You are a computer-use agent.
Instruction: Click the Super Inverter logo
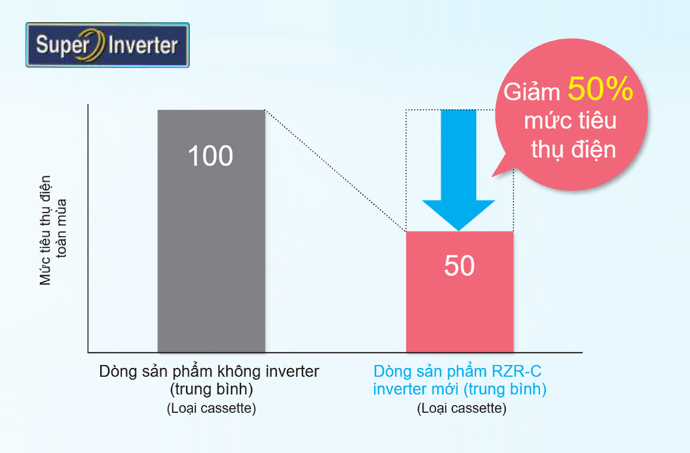click(x=108, y=45)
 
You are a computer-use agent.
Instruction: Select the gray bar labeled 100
click(x=211, y=232)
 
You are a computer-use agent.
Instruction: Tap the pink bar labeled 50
click(x=460, y=292)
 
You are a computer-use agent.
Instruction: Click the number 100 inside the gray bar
click(x=210, y=156)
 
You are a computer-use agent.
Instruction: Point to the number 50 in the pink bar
click(x=460, y=265)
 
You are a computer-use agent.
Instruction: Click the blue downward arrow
click(x=459, y=170)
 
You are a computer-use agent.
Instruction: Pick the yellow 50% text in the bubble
click(x=600, y=89)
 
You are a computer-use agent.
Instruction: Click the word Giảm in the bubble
click(x=531, y=92)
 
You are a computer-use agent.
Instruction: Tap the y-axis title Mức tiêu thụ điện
click(x=46, y=230)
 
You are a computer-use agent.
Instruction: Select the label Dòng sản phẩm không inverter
click(x=209, y=372)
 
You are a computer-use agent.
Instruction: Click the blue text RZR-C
click(x=516, y=372)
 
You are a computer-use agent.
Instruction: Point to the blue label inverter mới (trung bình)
click(x=460, y=390)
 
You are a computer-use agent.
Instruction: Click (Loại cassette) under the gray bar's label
click(x=211, y=409)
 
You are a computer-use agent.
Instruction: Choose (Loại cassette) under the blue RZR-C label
click(x=462, y=409)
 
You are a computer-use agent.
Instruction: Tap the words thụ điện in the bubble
click(x=573, y=150)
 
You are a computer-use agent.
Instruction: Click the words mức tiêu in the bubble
click(x=571, y=121)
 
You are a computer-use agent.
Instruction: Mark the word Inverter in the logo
click(x=144, y=46)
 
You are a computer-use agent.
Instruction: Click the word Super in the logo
click(x=63, y=46)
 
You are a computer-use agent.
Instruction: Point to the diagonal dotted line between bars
click(x=335, y=170)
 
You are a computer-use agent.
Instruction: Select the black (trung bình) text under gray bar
click(x=211, y=390)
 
